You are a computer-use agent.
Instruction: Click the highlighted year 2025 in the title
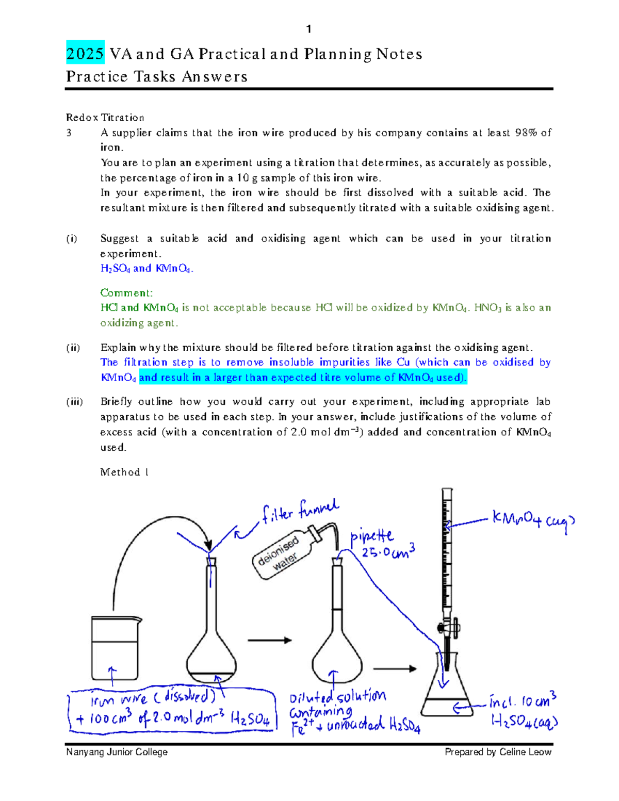tap(85, 53)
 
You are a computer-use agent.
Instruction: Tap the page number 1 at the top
tap(308, 29)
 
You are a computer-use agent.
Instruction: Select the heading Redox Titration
tap(105, 118)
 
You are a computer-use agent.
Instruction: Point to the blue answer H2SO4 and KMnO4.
tap(146, 269)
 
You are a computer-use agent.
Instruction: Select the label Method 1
tap(124, 472)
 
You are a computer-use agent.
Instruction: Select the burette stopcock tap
tap(447, 628)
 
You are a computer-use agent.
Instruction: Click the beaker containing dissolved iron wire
tap(115, 649)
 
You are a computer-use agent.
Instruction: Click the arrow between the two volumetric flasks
tap(269, 640)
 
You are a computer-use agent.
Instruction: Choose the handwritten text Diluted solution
tap(337, 697)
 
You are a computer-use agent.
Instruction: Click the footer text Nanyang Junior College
tap(117, 752)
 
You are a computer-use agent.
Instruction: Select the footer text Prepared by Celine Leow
tap(498, 752)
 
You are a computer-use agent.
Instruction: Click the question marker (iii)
tap(74, 402)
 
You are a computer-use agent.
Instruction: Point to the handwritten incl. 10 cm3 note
tap(522, 702)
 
